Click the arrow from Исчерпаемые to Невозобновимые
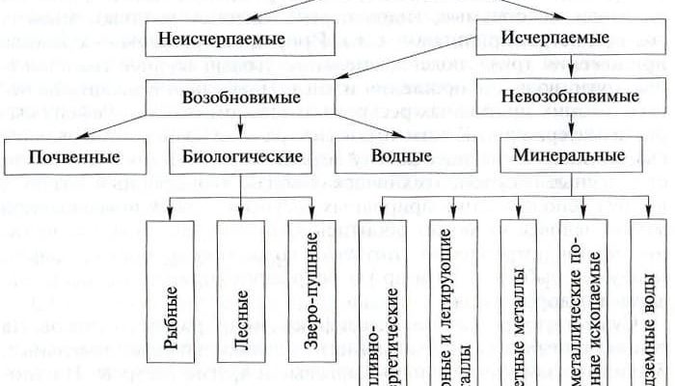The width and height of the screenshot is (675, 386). tap(569, 69)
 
